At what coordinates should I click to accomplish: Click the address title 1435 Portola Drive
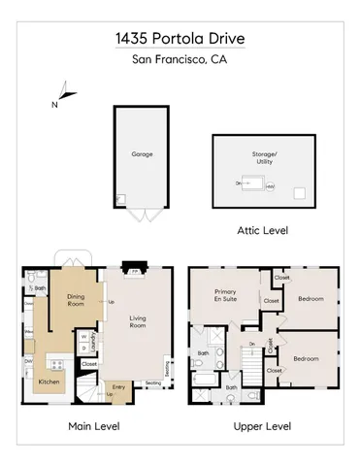coord(179,40)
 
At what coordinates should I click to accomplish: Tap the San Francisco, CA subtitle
coord(179,61)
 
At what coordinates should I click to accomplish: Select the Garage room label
coord(143,153)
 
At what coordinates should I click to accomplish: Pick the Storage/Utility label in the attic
coord(265,157)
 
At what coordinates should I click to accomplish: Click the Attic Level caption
coord(262,231)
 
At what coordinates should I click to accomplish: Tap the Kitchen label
coord(49,383)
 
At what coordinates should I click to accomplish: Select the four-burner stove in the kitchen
coord(55,365)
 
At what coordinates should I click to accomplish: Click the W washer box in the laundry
coord(84,337)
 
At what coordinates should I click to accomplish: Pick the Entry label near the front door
coord(118,386)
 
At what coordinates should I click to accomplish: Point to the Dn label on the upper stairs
coord(250,345)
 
